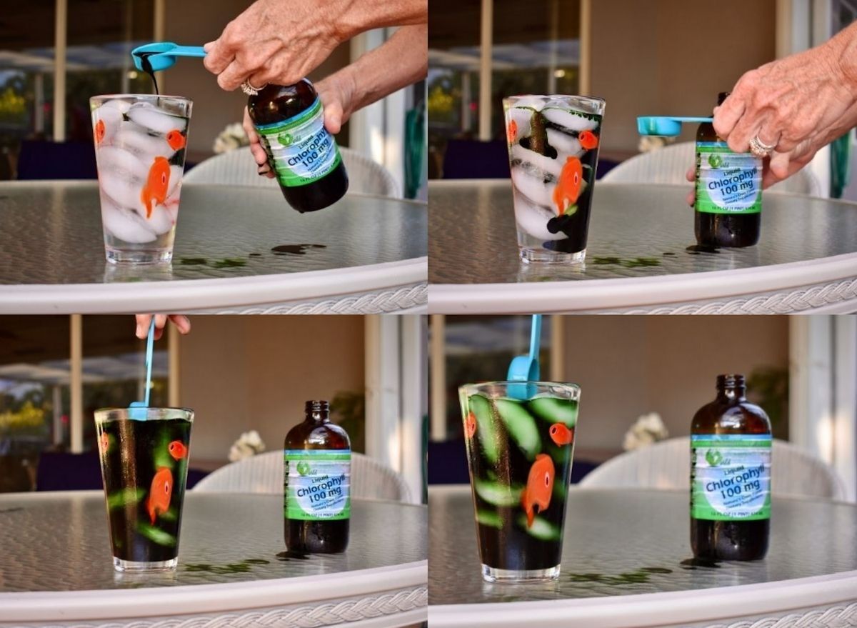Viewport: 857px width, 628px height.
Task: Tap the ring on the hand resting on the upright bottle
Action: [x=761, y=146]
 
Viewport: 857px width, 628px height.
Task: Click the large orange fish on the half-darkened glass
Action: [x=569, y=184]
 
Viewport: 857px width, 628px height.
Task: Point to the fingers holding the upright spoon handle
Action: [x=163, y=323]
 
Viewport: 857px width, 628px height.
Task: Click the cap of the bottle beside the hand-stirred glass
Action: [x=316, y=409]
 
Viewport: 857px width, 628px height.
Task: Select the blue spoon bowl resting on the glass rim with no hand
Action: [x=523, y=370]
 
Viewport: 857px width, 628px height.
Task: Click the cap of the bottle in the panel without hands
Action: [x=730, y=382]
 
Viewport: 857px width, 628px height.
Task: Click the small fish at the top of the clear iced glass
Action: [x=176, y=139]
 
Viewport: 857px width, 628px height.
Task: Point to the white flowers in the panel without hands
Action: [x=645, y=430]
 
